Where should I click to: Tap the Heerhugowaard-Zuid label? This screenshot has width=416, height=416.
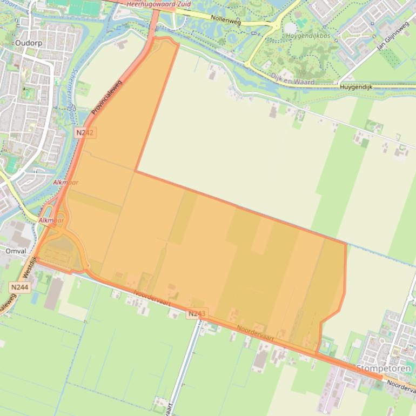[x=158, y=4]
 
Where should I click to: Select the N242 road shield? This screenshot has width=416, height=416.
[x=85, y=132]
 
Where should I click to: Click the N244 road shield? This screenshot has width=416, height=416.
[x=19, y=287]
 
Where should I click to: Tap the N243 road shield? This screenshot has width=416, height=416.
[x=197, y=313]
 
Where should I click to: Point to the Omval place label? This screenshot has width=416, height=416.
[x=15, y=251]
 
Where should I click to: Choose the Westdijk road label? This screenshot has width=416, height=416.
[x=29, y=269]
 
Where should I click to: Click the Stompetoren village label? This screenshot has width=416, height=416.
[x=385, y=368]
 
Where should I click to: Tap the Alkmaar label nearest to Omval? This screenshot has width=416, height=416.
[x=51, y=220]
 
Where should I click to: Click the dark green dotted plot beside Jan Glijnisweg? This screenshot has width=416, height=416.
[x=390, y=57]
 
